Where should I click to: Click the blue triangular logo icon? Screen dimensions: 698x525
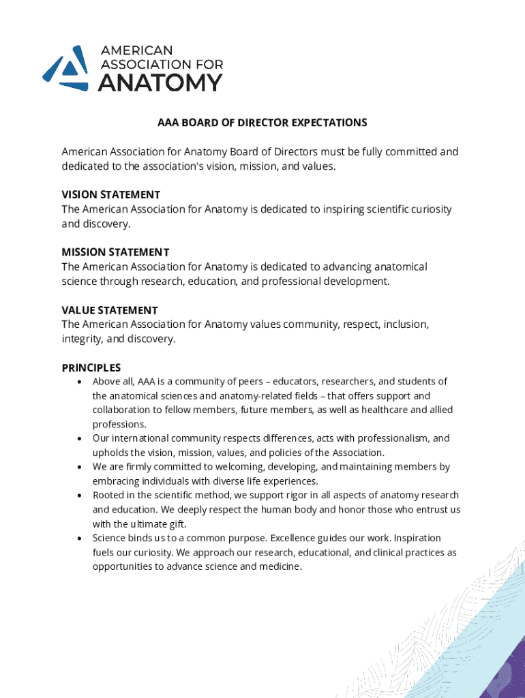tap(66, 67)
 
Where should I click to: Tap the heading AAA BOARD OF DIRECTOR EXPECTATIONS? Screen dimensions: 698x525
tap(262, 123)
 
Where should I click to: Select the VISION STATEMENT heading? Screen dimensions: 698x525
tap(111, 195)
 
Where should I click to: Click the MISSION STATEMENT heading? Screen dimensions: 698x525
tap(115, 252)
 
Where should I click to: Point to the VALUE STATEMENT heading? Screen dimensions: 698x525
tap(109, 310)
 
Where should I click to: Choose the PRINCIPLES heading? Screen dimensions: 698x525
tap(91, 368)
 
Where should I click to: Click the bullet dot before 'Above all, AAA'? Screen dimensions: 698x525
tap(81, 382)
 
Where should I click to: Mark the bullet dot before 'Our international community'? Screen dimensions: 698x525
tap(81, 439)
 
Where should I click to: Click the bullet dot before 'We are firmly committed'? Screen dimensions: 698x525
tap(81, 468)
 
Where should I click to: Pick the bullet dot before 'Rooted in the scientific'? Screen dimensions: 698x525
tap(81, 496)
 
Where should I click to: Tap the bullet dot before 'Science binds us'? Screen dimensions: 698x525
tap(81, 538)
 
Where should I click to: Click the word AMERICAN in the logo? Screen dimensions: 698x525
tap(136, 50)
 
